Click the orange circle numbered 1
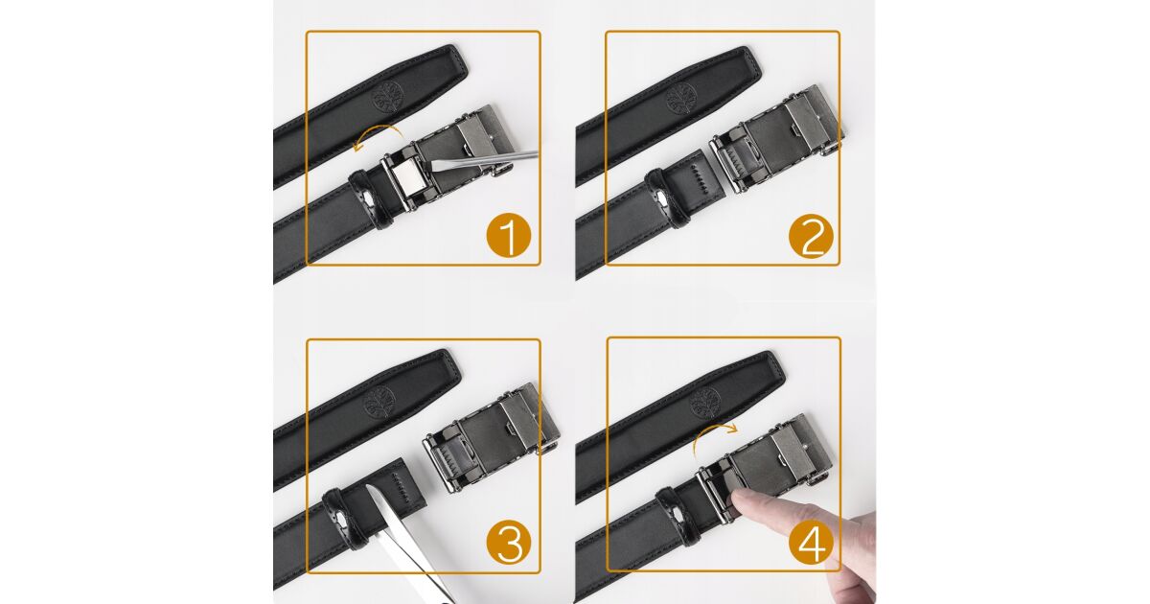pos(508,236)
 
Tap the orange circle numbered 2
pos(811,236)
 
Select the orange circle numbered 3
pos(508,543)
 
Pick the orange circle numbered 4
pos(811,543)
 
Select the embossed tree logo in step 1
pos(387,96)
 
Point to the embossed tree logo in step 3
pos(379,402)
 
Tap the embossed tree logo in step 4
pos(705,404)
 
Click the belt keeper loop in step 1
pos(371,198)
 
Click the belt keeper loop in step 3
pos(346,518)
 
